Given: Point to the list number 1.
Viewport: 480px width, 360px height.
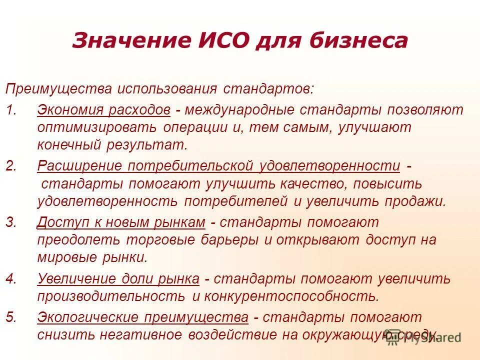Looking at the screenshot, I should coord(11,109).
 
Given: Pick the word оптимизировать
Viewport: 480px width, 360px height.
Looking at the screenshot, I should coord(96,127).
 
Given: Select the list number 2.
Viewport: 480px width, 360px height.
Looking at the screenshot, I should coord(11,165).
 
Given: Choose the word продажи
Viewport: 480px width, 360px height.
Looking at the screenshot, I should coord(413,201).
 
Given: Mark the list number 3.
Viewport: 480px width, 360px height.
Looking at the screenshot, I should coord(11,221).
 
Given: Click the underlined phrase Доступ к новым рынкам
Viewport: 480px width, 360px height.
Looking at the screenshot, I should coord(121,221).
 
